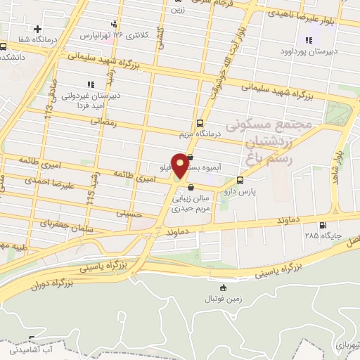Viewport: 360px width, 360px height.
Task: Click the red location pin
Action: [x=180, y=166]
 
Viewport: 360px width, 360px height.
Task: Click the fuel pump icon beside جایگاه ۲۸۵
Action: [x=323, y=226]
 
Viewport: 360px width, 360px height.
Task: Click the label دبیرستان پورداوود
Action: [x=304, y=52]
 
